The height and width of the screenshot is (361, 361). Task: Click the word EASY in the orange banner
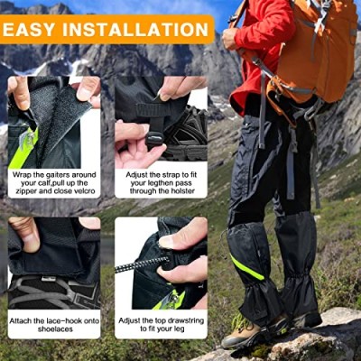tap(28, 30)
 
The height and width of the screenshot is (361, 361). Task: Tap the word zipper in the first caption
tap(26, 191)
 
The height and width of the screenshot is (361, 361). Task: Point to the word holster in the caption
tap(183, 190)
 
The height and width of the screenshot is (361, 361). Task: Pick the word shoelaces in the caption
tap(55, 329)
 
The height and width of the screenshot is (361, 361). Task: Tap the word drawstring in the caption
tap(184, 320)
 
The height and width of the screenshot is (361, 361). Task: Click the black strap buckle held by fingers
tap(154, 139)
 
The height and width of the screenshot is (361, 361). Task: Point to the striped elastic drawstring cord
tap(142, 264)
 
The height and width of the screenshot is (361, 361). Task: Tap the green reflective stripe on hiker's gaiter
tap(246, 267)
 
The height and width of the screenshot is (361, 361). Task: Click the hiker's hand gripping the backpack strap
tap(230, 38)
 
